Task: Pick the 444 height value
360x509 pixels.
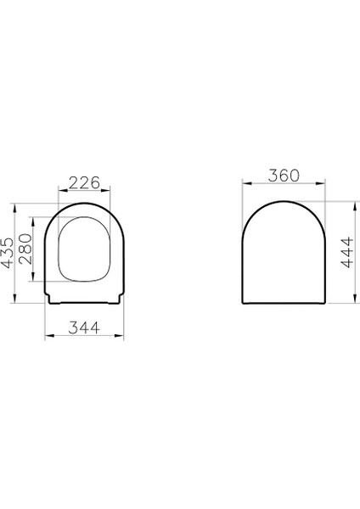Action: [346, 253]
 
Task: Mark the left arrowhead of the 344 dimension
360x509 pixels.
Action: [46, 336]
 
